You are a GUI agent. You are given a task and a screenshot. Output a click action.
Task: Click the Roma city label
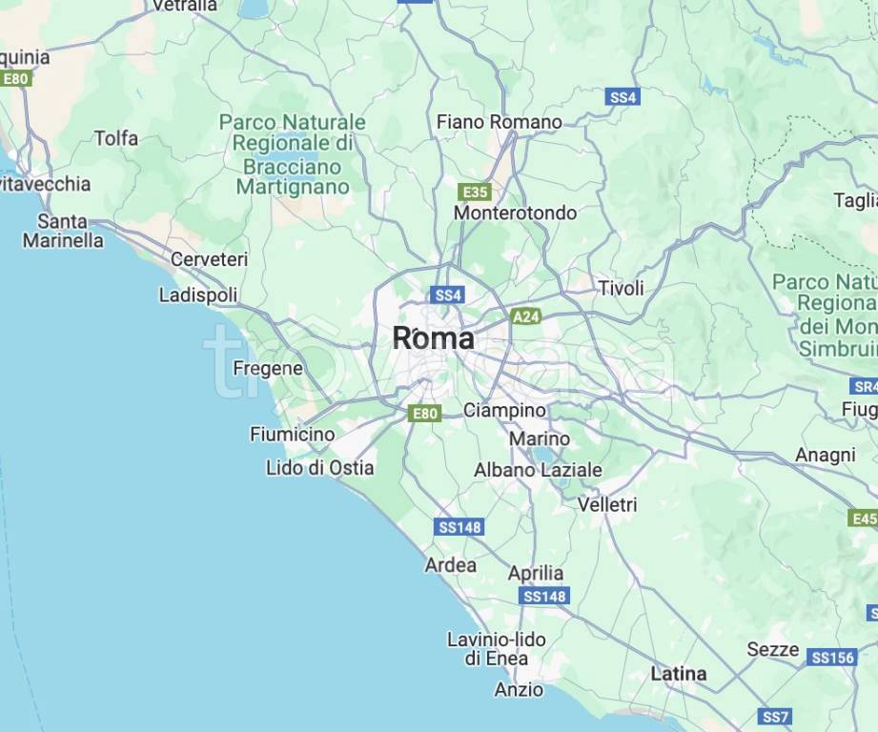point(433,338)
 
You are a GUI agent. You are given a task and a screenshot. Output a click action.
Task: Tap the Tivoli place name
point(621,288)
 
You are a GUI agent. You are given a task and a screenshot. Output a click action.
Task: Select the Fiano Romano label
point(499,122)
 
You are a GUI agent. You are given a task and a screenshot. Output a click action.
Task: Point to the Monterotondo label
point(515,213)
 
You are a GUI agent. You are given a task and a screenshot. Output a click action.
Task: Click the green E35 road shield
point(474,191)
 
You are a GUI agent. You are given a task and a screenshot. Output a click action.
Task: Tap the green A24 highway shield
point(526,315)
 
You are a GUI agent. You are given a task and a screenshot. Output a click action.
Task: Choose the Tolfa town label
point(115,138)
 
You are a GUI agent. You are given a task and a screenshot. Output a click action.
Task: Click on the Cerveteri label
point(209,259)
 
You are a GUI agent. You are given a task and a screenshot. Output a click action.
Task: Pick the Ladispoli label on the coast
point(198,295)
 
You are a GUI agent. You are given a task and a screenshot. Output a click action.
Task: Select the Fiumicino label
point(293,435)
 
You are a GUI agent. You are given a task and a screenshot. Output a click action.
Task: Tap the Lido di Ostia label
point(319,468)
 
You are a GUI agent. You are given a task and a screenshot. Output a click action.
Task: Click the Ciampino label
point(504,410)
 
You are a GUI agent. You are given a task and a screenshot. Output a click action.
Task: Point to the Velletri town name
point(607,503)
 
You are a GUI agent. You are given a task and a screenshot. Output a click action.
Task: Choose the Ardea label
point(451,565)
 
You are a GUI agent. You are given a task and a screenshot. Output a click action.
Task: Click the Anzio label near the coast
point(519,689)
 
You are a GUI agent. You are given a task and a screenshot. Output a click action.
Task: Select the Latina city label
point(679,674)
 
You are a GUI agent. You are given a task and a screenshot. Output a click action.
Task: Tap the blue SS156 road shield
point(831,657)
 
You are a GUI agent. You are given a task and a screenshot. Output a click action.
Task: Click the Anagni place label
point(825,456)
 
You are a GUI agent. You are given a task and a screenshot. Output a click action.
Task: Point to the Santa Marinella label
point(63,231)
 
